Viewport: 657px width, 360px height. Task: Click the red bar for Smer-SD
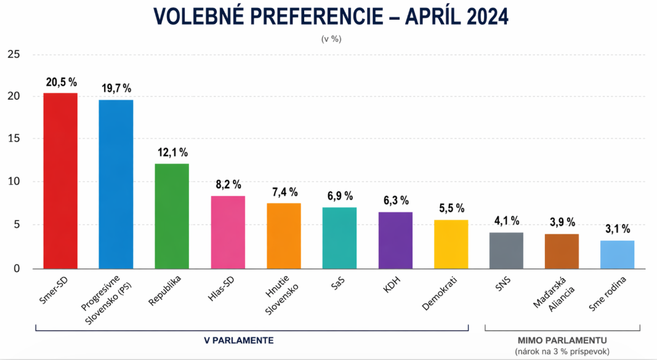[60, 181]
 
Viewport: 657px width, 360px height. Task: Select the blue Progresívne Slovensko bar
[116, 184]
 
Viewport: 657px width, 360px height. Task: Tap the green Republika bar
[172, 216]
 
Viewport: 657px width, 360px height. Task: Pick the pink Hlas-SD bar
[228, 232]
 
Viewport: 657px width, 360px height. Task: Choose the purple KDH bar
[395, 240]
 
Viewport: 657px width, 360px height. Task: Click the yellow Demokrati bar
[451, 244]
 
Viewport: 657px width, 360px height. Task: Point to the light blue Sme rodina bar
[617, 254]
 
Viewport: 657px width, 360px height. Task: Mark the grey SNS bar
[506, 250]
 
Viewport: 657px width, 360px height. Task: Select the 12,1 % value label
[172, 152]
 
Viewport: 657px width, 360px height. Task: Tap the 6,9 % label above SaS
[339, 196]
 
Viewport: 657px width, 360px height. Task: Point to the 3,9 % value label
[562, 222]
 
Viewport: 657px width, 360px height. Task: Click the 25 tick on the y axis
[14, 55]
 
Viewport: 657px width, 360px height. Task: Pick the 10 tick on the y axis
[14, 182]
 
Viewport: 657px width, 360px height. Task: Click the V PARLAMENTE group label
[239, 340]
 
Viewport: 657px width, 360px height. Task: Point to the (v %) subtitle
[331, 38]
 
